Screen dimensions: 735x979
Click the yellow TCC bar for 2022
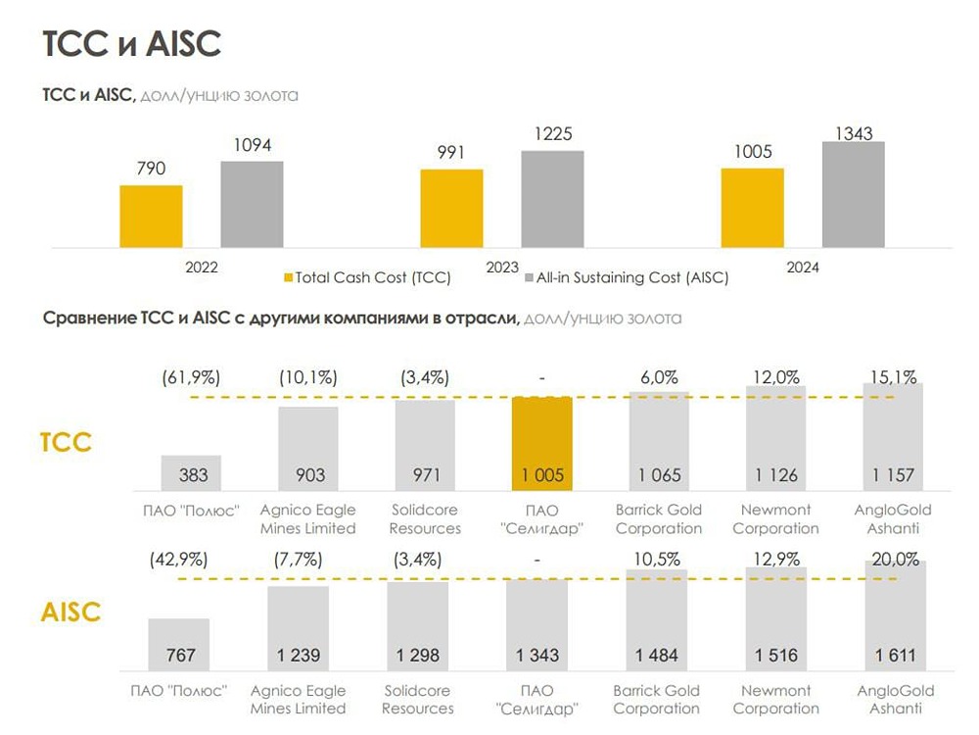(151, 216)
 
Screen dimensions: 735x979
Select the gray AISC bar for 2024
(853, 194)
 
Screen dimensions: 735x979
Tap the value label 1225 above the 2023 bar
(552, 134)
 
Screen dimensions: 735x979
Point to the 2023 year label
(502, 267)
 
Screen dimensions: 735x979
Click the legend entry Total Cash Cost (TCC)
(366, 277)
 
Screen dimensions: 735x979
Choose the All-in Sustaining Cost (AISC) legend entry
(626, 277)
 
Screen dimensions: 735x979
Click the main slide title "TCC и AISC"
(132, 43)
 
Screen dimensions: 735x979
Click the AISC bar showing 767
(179, 643)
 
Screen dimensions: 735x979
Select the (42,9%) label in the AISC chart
(179, 560)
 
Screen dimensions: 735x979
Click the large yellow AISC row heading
(70, 612)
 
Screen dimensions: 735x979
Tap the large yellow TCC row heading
(66, 441)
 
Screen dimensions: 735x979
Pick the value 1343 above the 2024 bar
(853, 133)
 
